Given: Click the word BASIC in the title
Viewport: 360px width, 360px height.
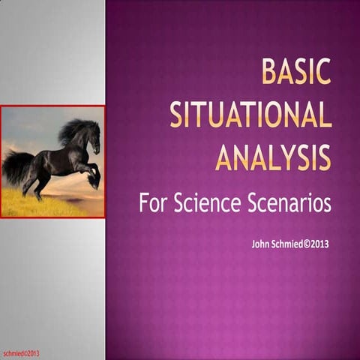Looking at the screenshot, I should (295, 72).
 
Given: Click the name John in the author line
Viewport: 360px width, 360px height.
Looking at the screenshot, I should (262, 244).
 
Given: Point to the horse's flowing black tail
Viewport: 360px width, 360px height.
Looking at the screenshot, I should (16, 166).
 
